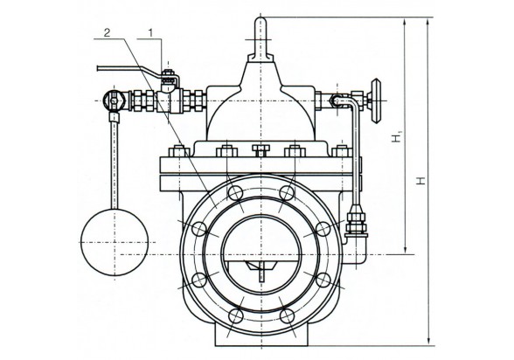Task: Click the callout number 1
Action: coord(150,32)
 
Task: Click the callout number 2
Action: coord(108,32)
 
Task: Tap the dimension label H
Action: coord(421,181)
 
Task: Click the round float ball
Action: coord(115,242)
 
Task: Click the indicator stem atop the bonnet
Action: coord(260,38)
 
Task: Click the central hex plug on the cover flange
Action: coord(260,151)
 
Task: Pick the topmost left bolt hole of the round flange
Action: coord(235,193)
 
